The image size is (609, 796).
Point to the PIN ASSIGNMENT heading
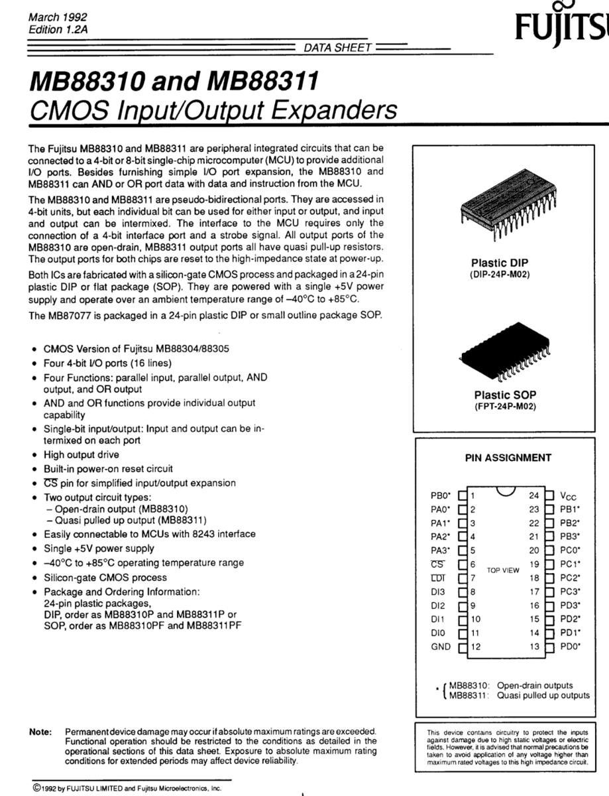[508, 458]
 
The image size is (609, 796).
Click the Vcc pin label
[569, 496]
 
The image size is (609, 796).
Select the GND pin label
[441, 647]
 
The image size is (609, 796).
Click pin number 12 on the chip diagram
[475, 647]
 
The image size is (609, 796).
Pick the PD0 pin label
[571, 647]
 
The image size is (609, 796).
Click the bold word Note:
[40, 732]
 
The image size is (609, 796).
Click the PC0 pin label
[571, 550]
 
